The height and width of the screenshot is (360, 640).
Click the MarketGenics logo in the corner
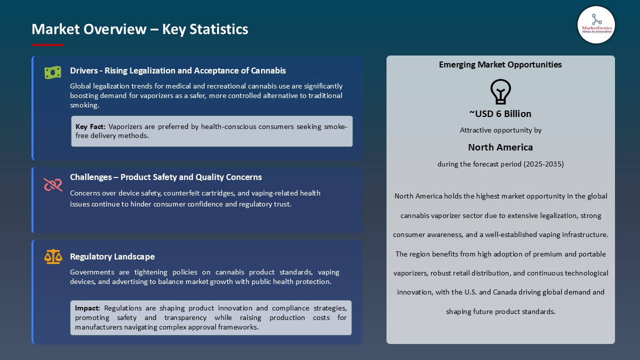pyautogui.click(x=596, y=24)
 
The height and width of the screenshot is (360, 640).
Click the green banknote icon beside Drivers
pyautogui.click(x=52, y=72)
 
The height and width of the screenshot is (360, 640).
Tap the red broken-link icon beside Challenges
pyautogui.click(x=52, y=184)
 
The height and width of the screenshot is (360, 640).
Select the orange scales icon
pyautogui.click(x=52, y=257)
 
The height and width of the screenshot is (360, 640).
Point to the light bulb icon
pyautogui.click(x=500, y=92)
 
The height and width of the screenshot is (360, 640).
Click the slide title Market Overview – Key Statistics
pyautogui.click(x=140, y=29)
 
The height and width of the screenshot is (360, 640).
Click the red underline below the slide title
pyautogui.click(x=48, y=45)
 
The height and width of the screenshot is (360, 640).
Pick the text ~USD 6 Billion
pyautogui.click(x=500, y=113)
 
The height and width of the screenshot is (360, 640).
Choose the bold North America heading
pyautogui.click(x=500, y=147)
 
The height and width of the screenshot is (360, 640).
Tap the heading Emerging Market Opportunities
pyautogui.click(x=500, y=64)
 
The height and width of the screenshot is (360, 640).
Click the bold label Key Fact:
pyautogui.click(x=90, y=126)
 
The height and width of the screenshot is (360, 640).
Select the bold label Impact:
pyautogui.click(x=87, y=308)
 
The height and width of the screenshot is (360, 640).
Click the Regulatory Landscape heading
pyautogui.click(x=112, y=256)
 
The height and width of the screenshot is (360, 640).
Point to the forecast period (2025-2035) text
pyautogui.click(x=500, y=164)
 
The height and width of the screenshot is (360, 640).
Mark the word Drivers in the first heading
pyautogui.click(x=83, y=70)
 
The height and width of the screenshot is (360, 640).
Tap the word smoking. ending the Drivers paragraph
pyautogui.click(x=84, y=105)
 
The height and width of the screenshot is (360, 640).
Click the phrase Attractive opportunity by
pyautogui.click(x=500, y=130)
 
